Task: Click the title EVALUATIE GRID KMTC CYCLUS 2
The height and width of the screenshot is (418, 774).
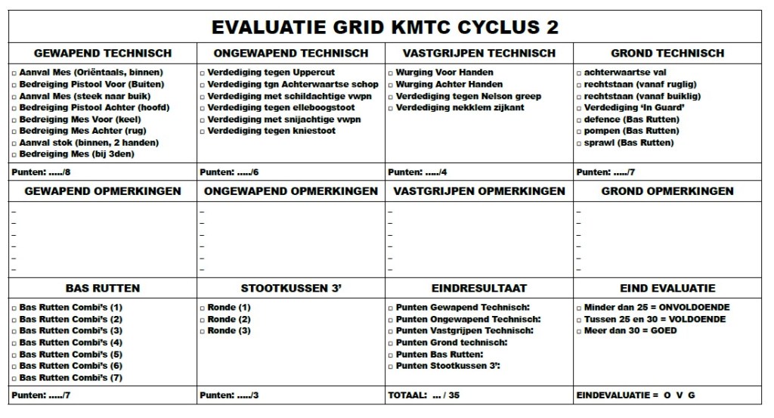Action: pos(385,26)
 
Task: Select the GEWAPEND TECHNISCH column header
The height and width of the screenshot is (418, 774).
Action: pos(103,53)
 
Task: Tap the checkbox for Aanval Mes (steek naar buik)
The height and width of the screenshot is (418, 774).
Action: pos(15,96)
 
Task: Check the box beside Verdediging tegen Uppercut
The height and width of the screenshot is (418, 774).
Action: pos(203,73)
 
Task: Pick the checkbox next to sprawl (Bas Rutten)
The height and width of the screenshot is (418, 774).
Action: pos(579,143)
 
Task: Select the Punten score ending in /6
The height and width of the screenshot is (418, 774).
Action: pos(230,172)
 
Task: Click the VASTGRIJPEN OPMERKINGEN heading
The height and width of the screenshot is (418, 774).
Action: pos(479,191)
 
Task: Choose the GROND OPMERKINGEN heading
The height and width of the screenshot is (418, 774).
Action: pos(667,191)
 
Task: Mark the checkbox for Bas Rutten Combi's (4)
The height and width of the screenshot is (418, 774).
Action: pos(15,342)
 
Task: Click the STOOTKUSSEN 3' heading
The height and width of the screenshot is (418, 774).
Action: pos(291,288)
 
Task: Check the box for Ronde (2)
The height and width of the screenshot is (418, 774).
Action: pos(203,319)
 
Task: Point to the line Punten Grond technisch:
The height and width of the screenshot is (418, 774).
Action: pos(451,342)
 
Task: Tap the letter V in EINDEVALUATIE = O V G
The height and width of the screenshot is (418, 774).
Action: pos(680,395)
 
